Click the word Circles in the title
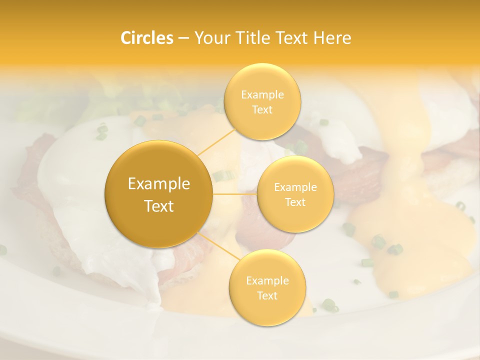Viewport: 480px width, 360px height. click(146, 38)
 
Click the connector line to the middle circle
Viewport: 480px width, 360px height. click(235, 193)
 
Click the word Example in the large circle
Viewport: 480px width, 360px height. click(159, 184)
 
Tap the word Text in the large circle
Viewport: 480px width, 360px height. click(159, 206)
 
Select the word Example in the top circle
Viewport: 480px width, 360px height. click(262, 95)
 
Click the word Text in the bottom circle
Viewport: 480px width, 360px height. click(267, 296)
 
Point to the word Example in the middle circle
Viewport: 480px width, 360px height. click(295, 187)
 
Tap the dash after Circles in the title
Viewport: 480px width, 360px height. click(183, 38)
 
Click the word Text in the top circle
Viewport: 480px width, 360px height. click(262, 110)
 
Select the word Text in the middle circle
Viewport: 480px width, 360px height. click(295, 202)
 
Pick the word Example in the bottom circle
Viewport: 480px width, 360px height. click(267, 281)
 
